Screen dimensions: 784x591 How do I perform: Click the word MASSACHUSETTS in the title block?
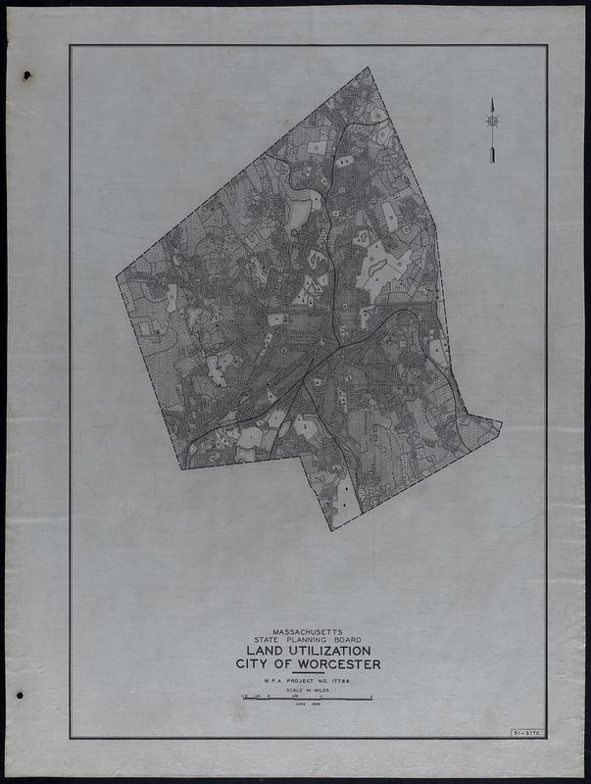(x=308, y=632)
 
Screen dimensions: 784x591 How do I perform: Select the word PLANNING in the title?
(x=308, y=640)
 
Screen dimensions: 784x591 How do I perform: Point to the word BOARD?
(x=350, y=640)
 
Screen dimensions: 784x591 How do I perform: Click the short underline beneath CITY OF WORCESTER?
(x=308, y=672)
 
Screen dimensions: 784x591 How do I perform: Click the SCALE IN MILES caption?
(x=308, y=691)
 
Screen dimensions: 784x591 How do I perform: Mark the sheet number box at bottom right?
(x=527, y=733)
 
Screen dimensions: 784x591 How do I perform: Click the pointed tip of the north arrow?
(x=492, y=99)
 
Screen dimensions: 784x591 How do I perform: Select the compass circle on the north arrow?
(x=492, y=122)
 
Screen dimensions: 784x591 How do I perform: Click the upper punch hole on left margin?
(x=26, y=75)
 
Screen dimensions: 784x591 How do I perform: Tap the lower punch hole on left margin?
(x=20, y=695)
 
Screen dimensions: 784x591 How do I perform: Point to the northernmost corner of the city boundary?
(x=368, y=68)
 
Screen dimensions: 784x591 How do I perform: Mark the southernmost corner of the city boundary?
(x=331, y=530)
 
